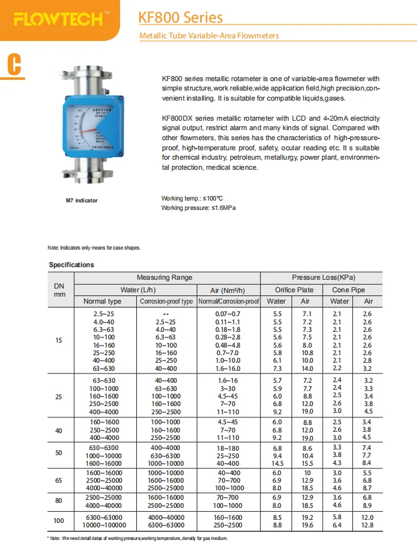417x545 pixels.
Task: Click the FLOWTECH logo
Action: coord(58,20)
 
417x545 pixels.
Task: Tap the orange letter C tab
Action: coord(14,64)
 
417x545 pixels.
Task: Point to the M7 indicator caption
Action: coord(82,201)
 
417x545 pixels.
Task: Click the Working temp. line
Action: coord(192,199)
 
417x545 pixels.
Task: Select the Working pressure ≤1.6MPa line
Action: coord(198,207)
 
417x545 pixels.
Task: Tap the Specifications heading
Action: coord(72,265)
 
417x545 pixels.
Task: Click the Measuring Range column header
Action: coord(165,277)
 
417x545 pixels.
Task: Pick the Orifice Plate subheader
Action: coord(294,290)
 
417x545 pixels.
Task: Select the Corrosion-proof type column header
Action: coord(166,302)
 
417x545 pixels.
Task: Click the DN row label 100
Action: coord(59,521)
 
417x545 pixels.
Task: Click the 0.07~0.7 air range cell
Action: coord(227,313)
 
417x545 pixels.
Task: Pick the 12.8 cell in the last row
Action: coord(368,526)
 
